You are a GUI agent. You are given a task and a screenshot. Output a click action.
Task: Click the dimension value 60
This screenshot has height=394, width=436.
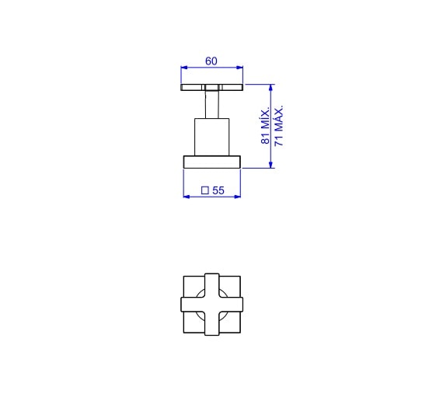211,61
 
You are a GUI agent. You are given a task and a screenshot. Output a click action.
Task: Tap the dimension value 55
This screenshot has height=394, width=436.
218,190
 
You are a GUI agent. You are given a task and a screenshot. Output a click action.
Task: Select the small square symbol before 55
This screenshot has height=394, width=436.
205,190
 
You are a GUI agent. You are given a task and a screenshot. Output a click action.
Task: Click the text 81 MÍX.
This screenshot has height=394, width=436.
265,125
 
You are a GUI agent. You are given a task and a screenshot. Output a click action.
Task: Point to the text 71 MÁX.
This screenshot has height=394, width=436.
278,125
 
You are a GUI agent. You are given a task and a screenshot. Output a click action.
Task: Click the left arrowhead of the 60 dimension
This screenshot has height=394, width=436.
184,68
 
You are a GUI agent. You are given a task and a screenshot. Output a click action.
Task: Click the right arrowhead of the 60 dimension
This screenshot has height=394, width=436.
239,68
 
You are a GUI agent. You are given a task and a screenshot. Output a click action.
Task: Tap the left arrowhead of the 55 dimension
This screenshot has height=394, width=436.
187,197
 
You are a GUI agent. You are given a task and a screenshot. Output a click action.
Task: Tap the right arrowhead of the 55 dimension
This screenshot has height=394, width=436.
237,197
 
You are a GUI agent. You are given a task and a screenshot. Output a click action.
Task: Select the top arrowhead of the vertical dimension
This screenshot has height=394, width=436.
270,88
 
